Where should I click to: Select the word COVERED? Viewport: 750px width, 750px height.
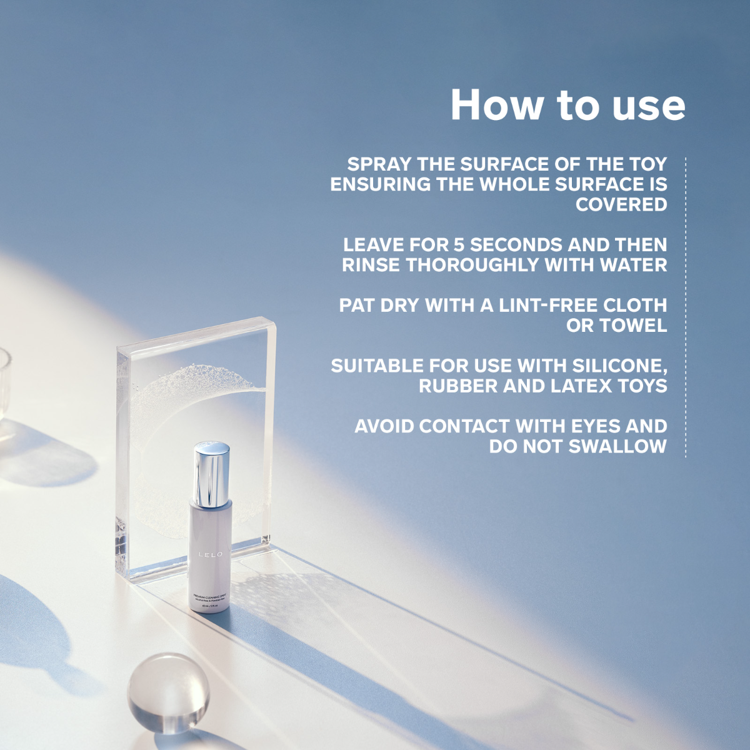click(x=621, y=204)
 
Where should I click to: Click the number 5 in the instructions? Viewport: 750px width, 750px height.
click(x=459, y=244)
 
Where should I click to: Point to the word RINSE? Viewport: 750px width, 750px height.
click(x=371, y=265)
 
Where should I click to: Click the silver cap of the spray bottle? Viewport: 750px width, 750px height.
click(x=211, y=474)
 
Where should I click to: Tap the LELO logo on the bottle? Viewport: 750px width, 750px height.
click(x=210, y=554)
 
